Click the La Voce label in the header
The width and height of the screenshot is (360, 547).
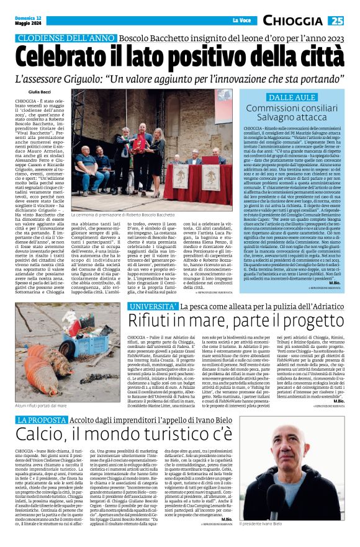[x=241, y=21]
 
